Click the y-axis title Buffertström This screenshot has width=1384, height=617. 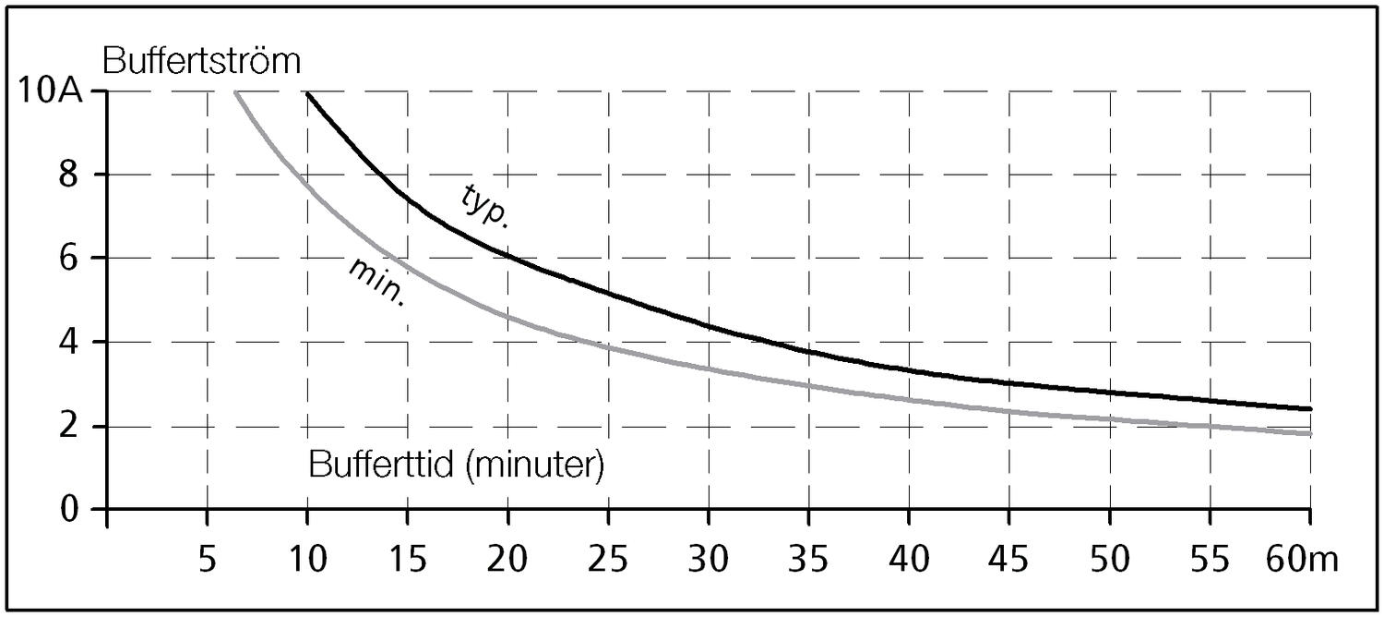pyautogui.click(x=203, y=62)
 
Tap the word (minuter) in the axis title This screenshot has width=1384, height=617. pyautogui.click(x=534, y=465)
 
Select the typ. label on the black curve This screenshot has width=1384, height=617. pyautogui.click(x=486, y=205)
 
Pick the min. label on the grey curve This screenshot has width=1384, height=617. pyautogui.click(x=378, y=282)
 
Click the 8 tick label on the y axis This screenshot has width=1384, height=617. pyautogui.click(x=69, y=175)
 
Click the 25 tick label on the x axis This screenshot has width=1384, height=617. pyautogui.click(x=607, y=559)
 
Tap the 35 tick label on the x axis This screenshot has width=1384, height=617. pyautogui.click(x=807, y=559)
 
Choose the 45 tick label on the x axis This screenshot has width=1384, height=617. pyautogui.click(x=1008, y=559)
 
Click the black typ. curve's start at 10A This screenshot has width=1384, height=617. pyautogui.click(x=307, y=93)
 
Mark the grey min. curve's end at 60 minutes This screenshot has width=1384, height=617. pyautogui.click(x=1309, y=433)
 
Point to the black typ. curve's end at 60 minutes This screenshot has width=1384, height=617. pyautogui.click(x=1309, y=408)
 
